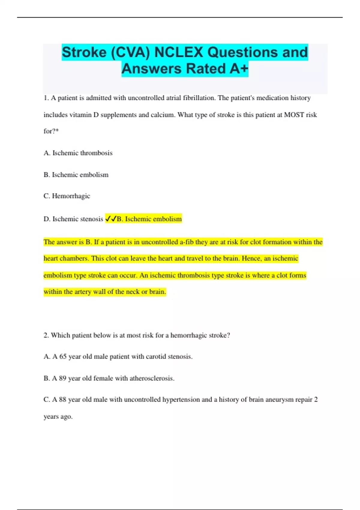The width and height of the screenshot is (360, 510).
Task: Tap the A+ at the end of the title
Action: tap(239, 69)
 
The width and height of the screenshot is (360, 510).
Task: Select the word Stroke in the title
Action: tap(84, 52)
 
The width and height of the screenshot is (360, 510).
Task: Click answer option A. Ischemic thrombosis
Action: tap(78, 153)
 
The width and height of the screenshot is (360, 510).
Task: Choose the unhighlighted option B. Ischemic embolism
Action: tap(76, 175)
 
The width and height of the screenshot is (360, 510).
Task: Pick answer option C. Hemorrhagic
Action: tap(67, 196)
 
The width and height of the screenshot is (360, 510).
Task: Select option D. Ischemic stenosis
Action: tap(73, 219)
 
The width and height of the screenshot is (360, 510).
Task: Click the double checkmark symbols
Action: tap(111, 219)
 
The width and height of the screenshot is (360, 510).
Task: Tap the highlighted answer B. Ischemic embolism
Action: tap(149, 219)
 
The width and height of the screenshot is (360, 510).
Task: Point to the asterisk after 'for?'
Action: tap(57, 131)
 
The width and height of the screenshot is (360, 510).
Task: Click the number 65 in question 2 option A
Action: tap(63, 357)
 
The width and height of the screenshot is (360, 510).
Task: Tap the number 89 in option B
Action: tap(62, 378)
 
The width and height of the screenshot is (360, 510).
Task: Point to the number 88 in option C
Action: tap(62, 400)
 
